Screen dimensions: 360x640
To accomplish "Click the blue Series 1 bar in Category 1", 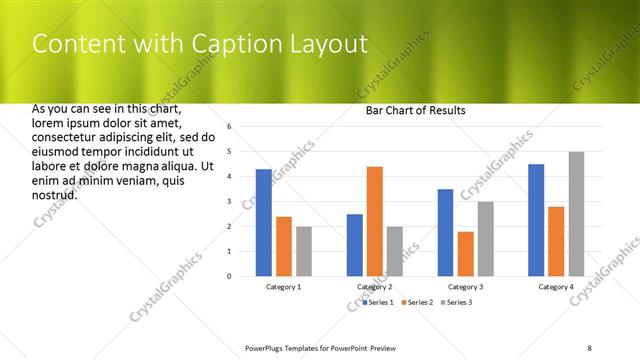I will pyautogui.click(x=263, y=222).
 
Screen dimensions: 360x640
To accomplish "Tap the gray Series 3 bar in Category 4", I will pyautogui.click(x=577, y=214).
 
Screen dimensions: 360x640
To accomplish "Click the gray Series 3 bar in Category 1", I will pyautogui.click(x=304, y=251).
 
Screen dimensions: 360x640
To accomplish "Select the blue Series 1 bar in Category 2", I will pyautogui.click(x=355, y=245).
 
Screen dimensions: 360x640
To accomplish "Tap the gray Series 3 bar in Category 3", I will pyautogui.click(x=486, y=238).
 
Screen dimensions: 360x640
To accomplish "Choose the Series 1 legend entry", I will pyautogui.click(x=379, y=301).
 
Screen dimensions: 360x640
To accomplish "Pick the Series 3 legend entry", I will pyautogui.click(x=456, y=301).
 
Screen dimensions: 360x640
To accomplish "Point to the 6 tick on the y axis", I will pyautogui.click(x=229, y=127).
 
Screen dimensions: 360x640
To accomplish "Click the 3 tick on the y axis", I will pyautogui.click(x=229, y=202).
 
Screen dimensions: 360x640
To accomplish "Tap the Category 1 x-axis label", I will pyautogui.click(x=284, y=287).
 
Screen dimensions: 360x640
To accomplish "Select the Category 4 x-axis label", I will pyautogui.click(x=556, y=287).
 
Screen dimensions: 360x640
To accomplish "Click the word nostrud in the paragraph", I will pyautogui.click(x=55, y=193).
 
